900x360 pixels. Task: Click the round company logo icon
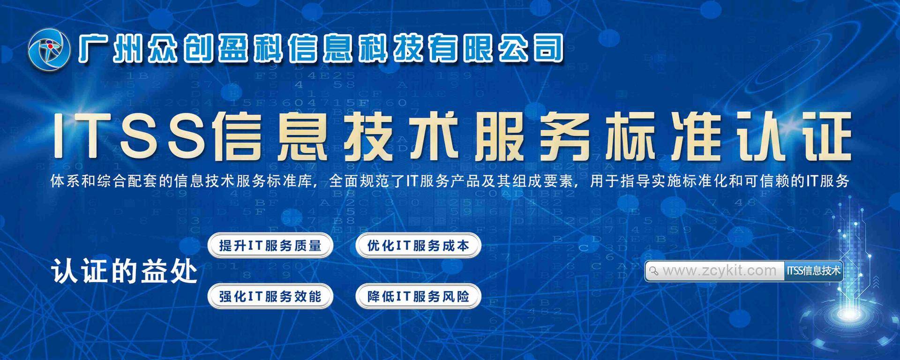(x=49, y=50)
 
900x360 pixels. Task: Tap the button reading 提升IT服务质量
(x=270, y=246)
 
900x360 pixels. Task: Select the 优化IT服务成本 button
(x=418, y=246)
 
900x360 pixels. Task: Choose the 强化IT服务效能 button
(x=270, y=296)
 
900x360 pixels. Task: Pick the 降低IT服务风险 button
(x=418, y=296)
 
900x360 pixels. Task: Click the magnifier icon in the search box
(x=654, y=271)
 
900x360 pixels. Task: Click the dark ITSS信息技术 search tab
(x=813, y=270)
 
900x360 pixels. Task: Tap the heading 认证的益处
(x=125, y=271)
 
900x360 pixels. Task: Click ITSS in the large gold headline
(x=129, y=135)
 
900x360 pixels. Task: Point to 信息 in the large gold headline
(x=270, y=136)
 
